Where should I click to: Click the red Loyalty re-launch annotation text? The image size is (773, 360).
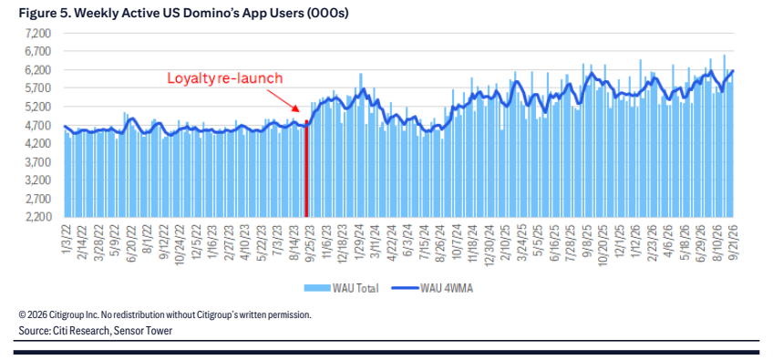tap(225, 78)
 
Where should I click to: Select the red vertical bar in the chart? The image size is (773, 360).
tap(306, 169)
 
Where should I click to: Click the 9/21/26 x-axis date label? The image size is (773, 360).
tap(728, 238)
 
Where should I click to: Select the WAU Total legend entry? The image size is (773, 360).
tap(341, 289)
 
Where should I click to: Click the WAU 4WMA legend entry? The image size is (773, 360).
tap(432, 289)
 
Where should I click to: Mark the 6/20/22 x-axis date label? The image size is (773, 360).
tap(131, 238)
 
